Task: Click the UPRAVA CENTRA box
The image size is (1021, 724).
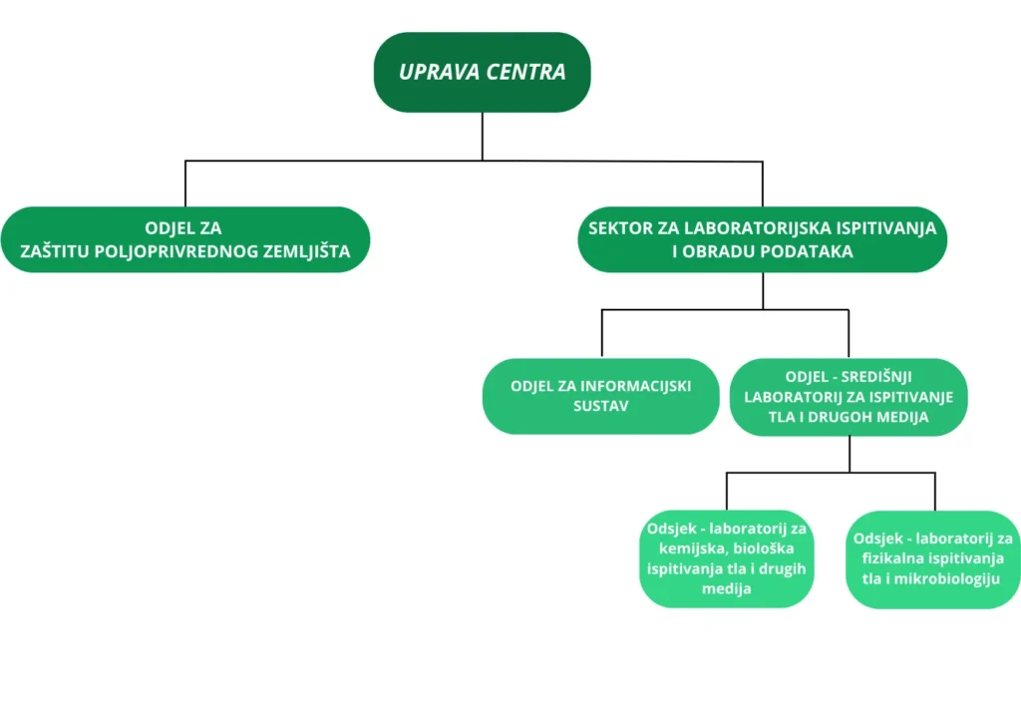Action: [482, 72]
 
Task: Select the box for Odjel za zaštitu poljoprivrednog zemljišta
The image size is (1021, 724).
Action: [185, 239]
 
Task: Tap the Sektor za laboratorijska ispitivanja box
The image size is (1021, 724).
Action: [762, 239]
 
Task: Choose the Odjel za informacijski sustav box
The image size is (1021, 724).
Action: [600, 396]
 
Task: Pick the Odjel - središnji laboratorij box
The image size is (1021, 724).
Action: [849, 397]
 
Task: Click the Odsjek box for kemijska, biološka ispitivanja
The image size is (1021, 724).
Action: [727, 558]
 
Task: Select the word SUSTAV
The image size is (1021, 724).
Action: [600, 406]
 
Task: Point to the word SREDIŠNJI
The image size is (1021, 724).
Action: [887, 376]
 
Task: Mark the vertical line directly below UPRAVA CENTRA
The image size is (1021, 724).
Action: [483, 136]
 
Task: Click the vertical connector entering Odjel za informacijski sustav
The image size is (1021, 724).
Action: [601, 334]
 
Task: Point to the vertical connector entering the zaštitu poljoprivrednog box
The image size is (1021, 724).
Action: [185, 183]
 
